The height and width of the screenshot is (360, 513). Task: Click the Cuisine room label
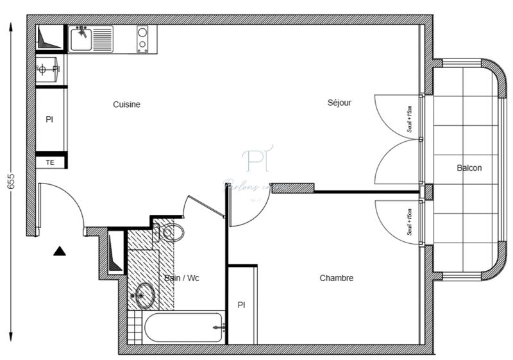click(x=126, y=105)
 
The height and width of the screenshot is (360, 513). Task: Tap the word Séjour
click(x=339, y=103)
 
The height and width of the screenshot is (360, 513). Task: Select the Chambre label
click(x=336, y=278)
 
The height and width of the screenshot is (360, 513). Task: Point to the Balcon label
click(x=469, y=168)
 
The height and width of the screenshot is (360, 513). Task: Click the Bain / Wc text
click(x=181, y=278)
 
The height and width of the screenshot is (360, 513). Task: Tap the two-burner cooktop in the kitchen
click(x=142, y=39)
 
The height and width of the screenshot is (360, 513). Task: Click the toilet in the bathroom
click(x=171, y=232)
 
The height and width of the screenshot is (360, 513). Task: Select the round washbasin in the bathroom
click(x=145, y=296)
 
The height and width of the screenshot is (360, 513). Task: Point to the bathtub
click(x=183, y=329)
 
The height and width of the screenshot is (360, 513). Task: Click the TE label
click(x=50, y=163)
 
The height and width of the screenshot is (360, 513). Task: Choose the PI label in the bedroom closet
click(x=241, y=304)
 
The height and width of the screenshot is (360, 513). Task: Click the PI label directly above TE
click(x=49, y=119)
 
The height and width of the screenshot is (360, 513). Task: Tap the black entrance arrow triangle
click(x=60, y=251)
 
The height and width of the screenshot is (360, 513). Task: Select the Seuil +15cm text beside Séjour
click(x=410, y=119)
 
